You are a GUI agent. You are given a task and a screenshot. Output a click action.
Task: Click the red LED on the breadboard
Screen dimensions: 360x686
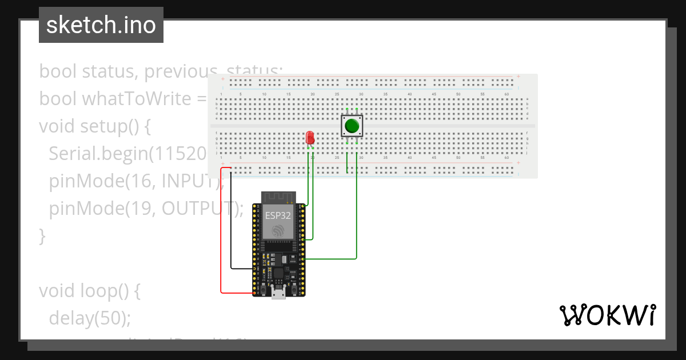pyautogui.click(x=310, y=138)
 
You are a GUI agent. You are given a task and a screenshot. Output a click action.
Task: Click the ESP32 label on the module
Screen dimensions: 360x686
pyautogui.click(x=278, y=216)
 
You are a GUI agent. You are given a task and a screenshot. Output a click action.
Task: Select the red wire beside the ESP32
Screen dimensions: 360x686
pyautogui.click(x=221, y=240)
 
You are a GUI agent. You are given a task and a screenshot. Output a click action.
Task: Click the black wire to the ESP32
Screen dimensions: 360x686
pyautogui.click(x=231, y=229)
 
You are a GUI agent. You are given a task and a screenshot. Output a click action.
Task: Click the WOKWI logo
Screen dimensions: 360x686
pyautogui.click(x=607, y=315)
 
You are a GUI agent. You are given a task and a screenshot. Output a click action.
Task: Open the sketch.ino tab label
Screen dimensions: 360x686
pyautogui.click(x=101, y=25)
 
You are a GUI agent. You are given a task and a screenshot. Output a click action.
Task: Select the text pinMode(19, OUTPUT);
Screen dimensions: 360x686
pyautogui.click(x=146, y=209)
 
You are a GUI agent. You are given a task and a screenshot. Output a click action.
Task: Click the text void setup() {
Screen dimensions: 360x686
pyautogui.click(x=95, y=126)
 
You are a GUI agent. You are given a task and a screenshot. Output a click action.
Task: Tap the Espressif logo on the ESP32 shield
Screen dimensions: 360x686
pyautogui.click(x=278, y=231)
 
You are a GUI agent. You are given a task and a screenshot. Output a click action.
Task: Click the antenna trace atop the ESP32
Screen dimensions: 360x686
pyautogui.click(x=278, y=197)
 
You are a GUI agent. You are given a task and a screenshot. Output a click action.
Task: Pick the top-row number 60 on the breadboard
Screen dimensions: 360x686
pyautogui.click(x=506, y=94)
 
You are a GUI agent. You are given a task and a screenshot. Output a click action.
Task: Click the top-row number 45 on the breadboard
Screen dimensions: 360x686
pyautogui.click(x=434, y=94)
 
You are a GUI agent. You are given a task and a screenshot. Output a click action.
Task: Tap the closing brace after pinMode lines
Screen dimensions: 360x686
pyautogui.click(x=42, y=235)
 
